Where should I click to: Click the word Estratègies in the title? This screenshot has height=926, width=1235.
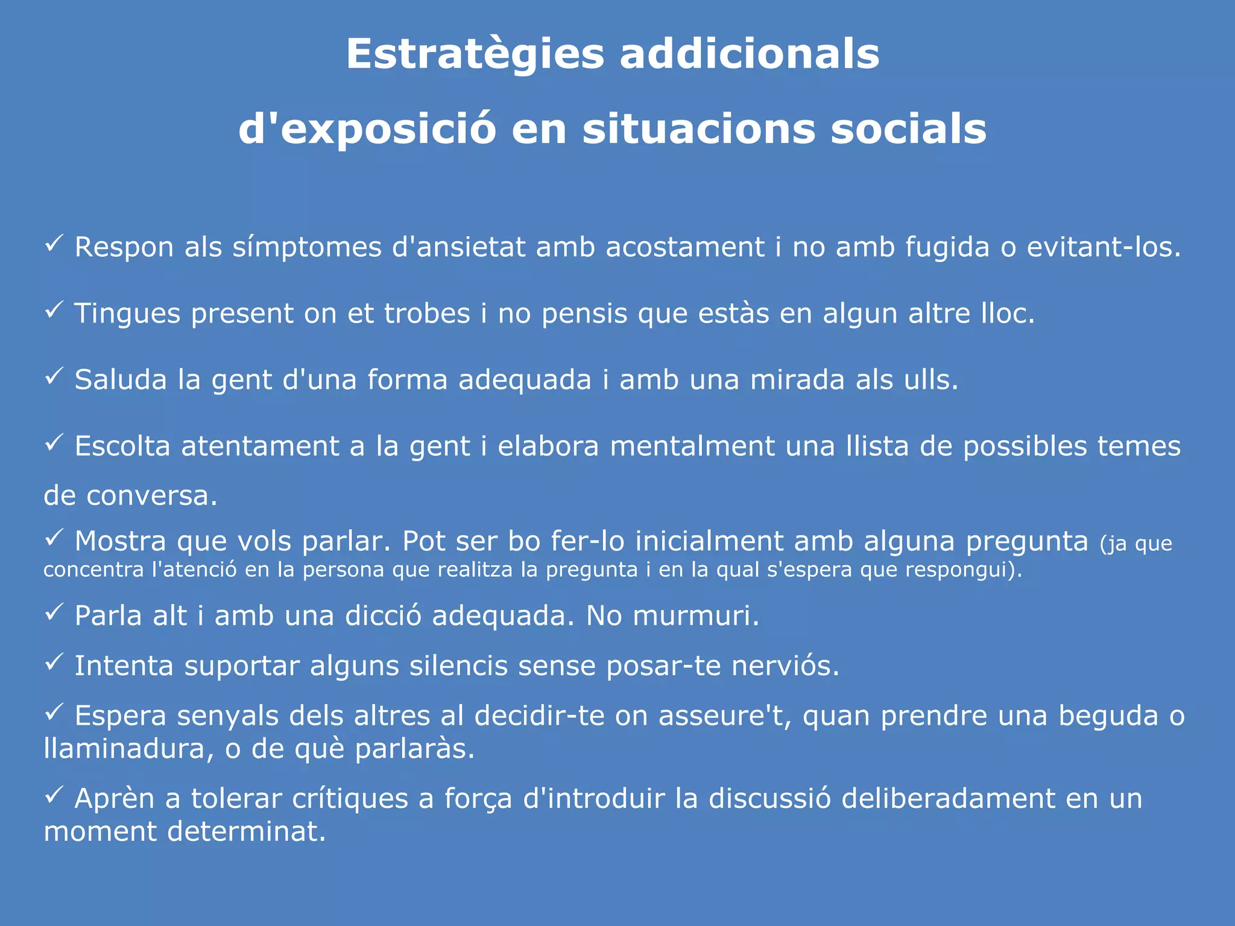pyautogui.click(x=475, y=54)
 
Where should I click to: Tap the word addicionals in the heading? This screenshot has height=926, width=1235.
pyautogui.click(x=749, y=54)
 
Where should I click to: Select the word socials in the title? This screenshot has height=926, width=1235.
pyautogui.click(x=908, y=129)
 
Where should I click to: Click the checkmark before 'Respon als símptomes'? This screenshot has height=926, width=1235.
pyautogui.click(x=54, y=244)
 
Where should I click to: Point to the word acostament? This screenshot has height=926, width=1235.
pyautogui.click(x=685, y=247)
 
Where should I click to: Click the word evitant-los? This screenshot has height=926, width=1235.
pyautogui.click(x=1103, y=247)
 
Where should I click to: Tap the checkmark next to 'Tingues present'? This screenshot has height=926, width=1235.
pyautogui.click(x=54, y=310)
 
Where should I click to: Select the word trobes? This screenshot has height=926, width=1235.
pyautogui.click(x=427, y=313)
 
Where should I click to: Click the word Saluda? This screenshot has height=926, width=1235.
pyautogui.click(x=121, y=380)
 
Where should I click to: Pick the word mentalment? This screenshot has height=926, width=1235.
pyautogui.click(x=692, y=446)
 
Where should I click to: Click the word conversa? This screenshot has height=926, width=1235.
pyautogui.click(x=151, y=496)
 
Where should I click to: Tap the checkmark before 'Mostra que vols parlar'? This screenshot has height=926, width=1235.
pyautogui.click(x=54, y=538)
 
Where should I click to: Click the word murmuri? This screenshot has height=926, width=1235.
pyautogui.click(x=695, y=616)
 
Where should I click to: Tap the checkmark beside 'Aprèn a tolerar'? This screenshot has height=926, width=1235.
pyautogui.click(x=54, y=795)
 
